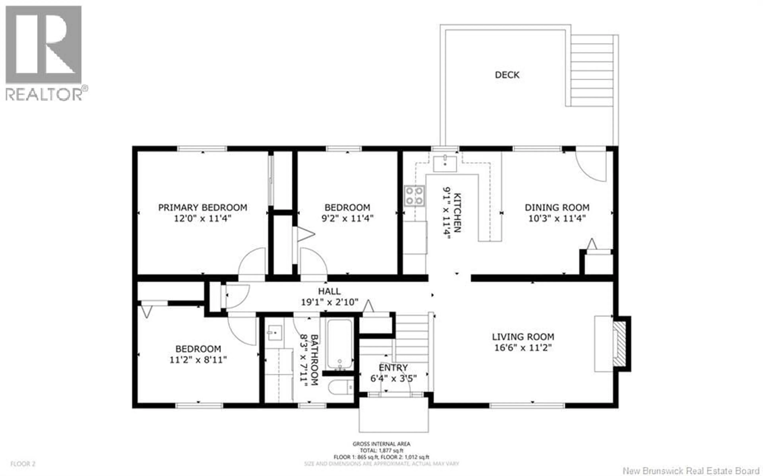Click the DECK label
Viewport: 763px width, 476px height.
click(507, 75)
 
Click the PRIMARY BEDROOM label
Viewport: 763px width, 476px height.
click(202, 207)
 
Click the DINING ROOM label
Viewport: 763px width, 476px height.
click(557, 207)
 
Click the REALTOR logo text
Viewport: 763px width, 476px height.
click(44, 94)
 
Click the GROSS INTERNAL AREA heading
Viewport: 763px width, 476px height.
click(381, 444)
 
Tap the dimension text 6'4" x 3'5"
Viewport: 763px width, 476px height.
click(393, 378)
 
